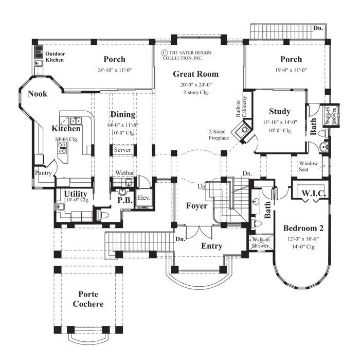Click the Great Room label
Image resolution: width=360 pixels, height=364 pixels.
point(195,74)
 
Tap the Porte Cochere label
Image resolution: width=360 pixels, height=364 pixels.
point(91,299)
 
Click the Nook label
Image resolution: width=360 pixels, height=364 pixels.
point(38,94)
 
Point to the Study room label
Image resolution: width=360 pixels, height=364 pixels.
point(280,111)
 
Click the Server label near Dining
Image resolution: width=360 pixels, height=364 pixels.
point(122,150)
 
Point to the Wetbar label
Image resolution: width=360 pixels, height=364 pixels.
point(125,173)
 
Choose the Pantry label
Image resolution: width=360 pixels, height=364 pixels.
point(43,174)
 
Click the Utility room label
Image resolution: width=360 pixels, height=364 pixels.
point(76,194)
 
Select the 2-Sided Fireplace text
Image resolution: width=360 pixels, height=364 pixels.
point(219,135)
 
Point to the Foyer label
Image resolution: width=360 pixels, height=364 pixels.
point(197,206)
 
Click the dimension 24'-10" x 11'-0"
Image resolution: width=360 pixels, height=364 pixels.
point(114,71)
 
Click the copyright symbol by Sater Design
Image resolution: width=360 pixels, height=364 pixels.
point(164,53)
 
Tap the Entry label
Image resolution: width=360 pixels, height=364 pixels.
point(211,246)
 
